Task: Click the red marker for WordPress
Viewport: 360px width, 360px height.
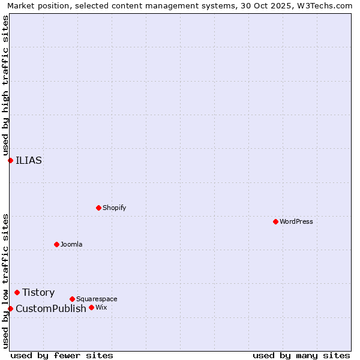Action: (x=275, y=221)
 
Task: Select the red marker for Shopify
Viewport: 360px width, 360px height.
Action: (x=98, y=208)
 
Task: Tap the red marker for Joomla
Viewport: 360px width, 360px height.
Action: (x=56, y=244)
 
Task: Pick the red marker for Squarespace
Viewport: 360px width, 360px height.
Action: (x=72, y=299)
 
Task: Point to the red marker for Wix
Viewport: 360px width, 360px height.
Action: (x=91, y=307)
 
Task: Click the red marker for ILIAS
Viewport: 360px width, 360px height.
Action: (x=10, y=160)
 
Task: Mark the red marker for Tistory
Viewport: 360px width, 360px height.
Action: (x=17, y=292)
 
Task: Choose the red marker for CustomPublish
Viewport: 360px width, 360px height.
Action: (x=10, y=308)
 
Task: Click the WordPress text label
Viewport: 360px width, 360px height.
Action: (x=296, y=221)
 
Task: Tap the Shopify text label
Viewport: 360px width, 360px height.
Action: (x=114, y=208)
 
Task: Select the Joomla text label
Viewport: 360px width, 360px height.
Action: (x=71, y=244)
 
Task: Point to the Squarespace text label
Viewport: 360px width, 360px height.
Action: (x=97, y=299)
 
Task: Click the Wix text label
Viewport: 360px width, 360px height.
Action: (x=101, y=307)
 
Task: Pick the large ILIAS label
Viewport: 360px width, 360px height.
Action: (x=29, y=160)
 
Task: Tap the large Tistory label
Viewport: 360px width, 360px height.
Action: (x=38, y=292)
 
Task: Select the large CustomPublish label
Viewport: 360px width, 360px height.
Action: (x=51, y=308)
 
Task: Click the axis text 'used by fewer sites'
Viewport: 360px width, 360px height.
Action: (x=62, y=355)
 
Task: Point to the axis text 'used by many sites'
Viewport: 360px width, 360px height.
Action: (x=301, y=355)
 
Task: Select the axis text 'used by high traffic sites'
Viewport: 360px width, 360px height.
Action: (x=5, y=86)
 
